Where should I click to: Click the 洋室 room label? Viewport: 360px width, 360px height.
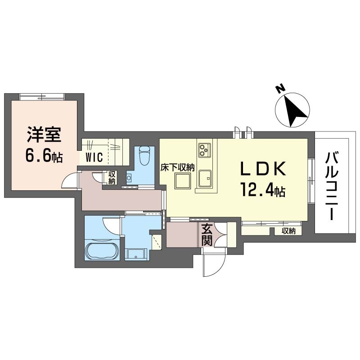[x=44, y=135]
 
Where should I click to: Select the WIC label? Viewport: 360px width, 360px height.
[x=94, y=157]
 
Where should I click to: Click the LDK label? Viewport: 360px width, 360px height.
[x=263, y=169]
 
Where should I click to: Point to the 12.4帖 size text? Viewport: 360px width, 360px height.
[x=263, y=190]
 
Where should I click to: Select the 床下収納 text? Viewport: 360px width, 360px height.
[x=177, y=168]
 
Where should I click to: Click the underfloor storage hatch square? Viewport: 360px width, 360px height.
[x=183, y=181]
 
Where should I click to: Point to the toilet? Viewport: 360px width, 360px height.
[x=144, y=156]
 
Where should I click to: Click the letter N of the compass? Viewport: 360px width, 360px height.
[x=280, y=89]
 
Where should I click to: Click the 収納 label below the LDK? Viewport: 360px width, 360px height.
[x=288, y=231]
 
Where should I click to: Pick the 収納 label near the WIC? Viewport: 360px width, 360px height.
[x=112, y=177]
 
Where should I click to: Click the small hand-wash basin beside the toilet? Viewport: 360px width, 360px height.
[x=129, y=178]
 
